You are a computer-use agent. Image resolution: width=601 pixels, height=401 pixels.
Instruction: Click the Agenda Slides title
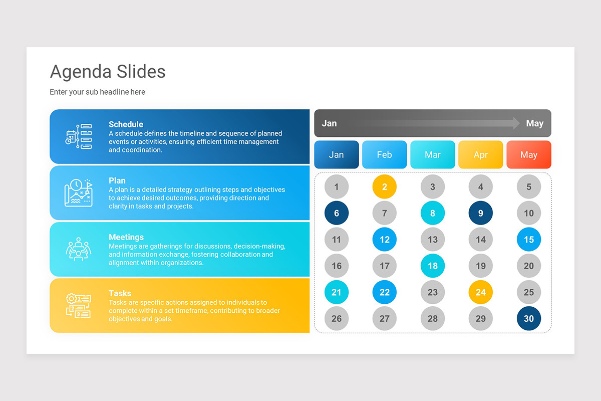point(108,72)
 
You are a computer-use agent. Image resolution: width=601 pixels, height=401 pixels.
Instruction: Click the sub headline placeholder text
point(97,92)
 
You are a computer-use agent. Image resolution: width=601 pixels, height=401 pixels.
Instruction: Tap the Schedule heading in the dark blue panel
point(126,124)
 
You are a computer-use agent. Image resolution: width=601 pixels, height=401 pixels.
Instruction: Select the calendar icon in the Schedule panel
point(79,136)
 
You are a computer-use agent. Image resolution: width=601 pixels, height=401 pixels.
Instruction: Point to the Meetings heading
point(126,237)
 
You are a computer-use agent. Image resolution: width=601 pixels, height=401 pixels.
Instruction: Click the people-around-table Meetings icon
point(79,249)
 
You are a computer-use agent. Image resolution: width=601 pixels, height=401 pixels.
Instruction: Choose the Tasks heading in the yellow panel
point(120,293)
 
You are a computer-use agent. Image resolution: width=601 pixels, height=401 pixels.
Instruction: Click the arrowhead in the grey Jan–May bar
point(516,123)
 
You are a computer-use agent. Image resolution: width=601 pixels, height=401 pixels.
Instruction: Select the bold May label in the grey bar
point(534,123)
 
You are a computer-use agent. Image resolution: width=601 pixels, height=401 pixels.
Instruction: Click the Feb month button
point(384,154)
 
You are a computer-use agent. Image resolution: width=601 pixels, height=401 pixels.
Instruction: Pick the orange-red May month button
point(528,154)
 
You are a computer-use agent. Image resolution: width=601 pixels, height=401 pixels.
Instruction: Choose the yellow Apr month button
point(480,154)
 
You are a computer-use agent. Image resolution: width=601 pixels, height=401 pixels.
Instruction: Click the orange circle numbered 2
point(384,187)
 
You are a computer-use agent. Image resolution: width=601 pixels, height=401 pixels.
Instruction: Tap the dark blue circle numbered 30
point(528,318)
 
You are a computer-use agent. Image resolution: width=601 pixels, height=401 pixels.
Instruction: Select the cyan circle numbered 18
point(432,266)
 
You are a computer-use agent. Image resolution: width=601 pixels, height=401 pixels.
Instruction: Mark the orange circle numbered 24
point(480,292)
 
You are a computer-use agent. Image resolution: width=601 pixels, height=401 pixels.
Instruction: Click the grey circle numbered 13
point(432,240)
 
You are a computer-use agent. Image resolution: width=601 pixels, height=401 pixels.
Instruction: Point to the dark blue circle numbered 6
point(336,213)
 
